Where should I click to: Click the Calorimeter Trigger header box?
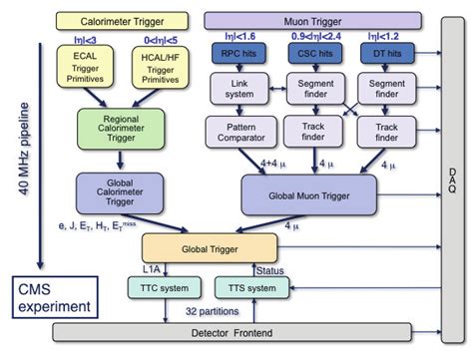tap(115, 18)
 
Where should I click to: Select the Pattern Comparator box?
tap(237, 131)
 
